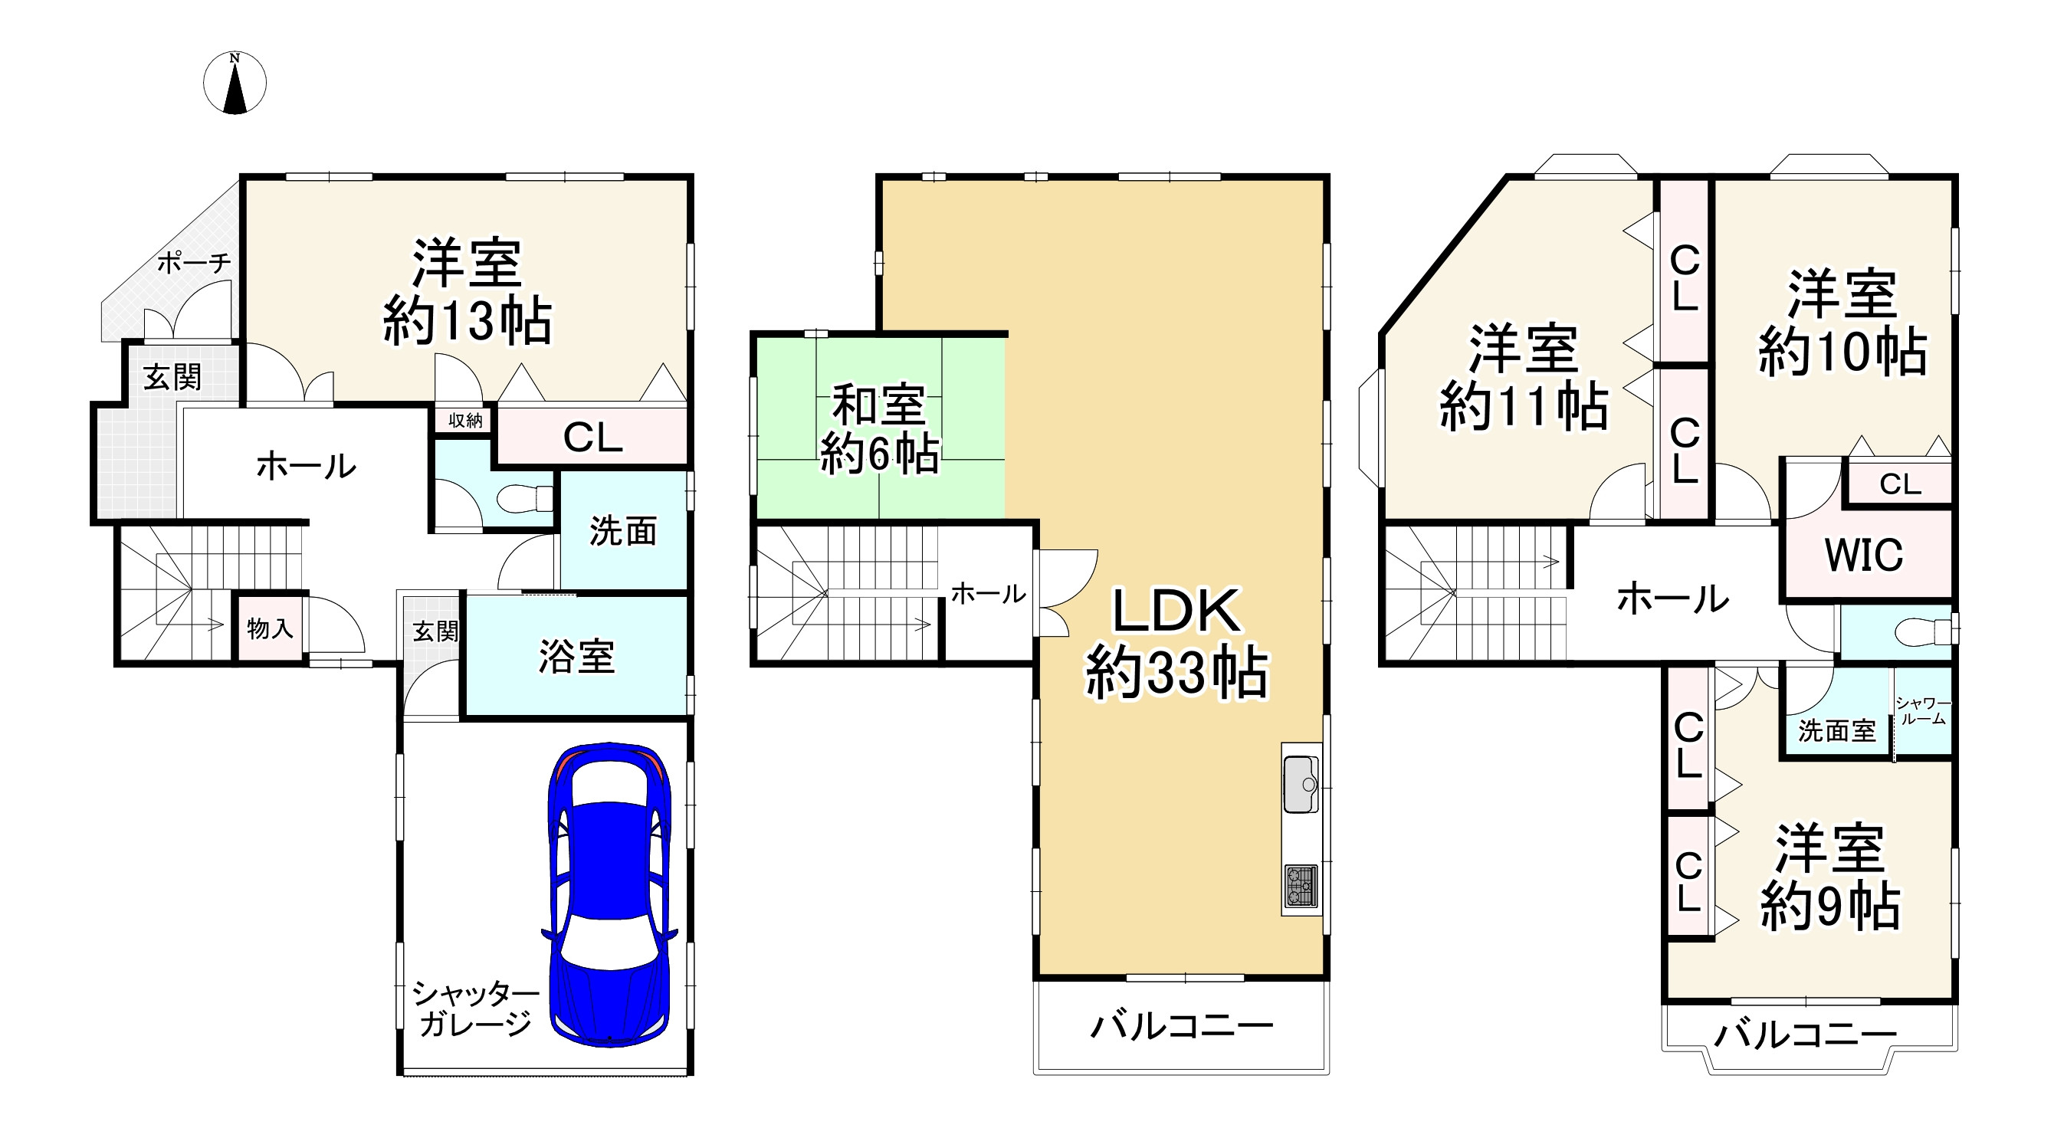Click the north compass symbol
tap(235, 83)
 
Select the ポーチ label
tap(194, 262)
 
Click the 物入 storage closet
tap(270, 628)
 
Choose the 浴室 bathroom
tap(576, 656)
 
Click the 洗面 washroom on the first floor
tap(623, 531)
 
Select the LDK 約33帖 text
tap(1176, 641)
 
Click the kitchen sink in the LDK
tap(1301, 784)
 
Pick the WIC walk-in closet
tap(1864, 555)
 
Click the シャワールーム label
tap(1923, 711)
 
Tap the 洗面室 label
tap(1836, 730)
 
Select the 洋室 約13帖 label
tap(468, 291)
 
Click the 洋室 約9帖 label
tap(1830, 877)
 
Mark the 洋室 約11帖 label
tap(1523, 378)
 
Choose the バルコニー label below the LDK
tap(1181, 1026)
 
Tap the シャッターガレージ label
tap(475, 1008)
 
